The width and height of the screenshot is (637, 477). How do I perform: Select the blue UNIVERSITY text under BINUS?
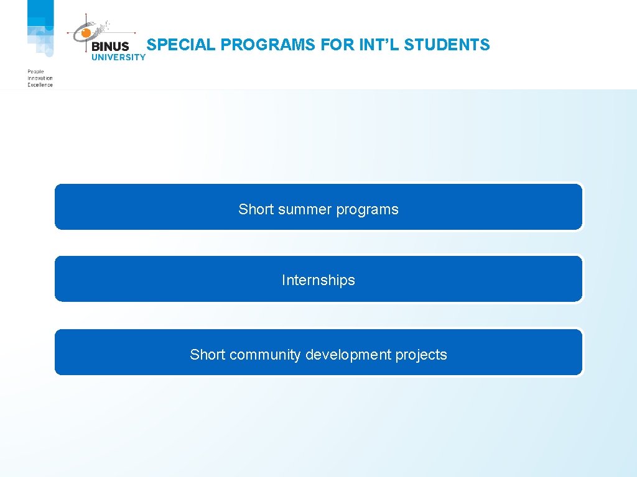tap(118, 57)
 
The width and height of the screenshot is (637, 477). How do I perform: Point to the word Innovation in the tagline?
tap(40, 78)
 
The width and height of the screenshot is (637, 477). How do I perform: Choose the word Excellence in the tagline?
tap(40, 84)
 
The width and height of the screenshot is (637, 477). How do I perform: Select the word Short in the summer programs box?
tap(256, 209)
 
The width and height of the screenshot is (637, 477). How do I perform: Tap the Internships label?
tap(318, 280)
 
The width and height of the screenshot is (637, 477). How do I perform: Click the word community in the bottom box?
tap(265, 355)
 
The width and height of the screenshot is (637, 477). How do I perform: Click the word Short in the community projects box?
tap(207, 355)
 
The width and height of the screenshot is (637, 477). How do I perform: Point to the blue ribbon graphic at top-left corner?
tap(40, 28)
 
